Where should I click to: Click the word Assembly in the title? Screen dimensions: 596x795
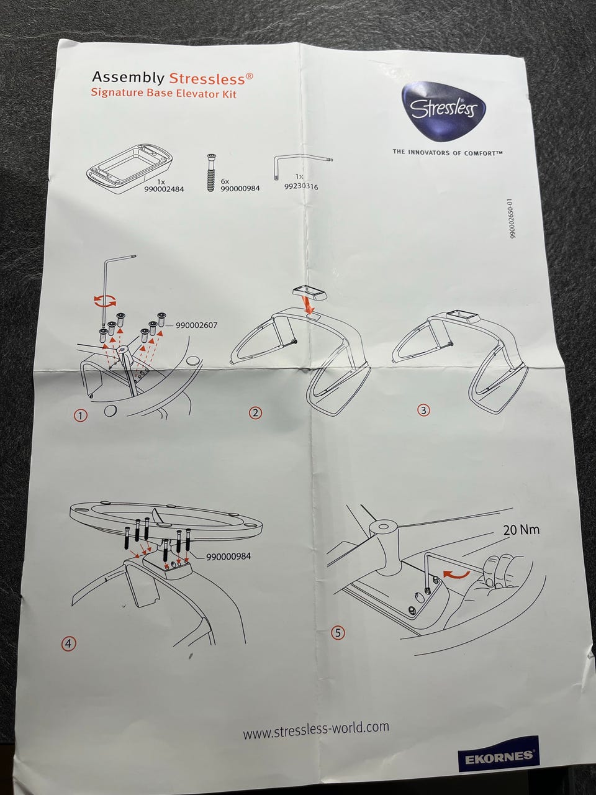point(128,77)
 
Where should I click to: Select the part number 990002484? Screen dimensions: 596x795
point(164,189)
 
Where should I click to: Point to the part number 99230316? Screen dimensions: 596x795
point(300,187)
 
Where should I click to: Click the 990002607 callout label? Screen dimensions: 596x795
point(197,325)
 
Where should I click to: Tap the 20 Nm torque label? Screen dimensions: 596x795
point(521,530)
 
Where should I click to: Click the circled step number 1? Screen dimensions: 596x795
point(80,416)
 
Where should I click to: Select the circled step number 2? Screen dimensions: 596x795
point(256,412)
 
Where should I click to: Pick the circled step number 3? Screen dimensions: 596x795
point(423,410)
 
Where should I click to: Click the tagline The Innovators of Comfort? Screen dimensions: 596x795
point(448,153)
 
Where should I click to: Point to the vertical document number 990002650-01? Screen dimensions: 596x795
point(512,219)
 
